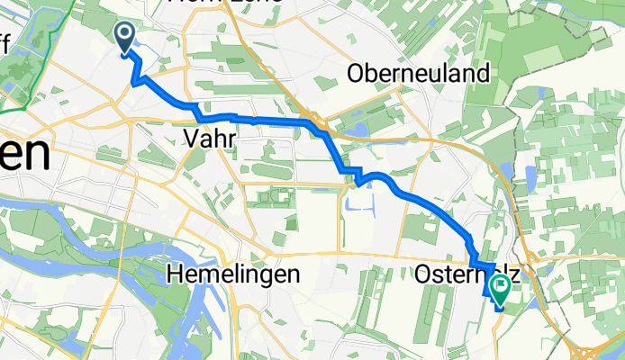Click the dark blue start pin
click(x=123, y=35)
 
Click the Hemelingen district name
click(x=233, y=274)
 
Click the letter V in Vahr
click(x=190, y=138)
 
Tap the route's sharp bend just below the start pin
click(x=134, y=84)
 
